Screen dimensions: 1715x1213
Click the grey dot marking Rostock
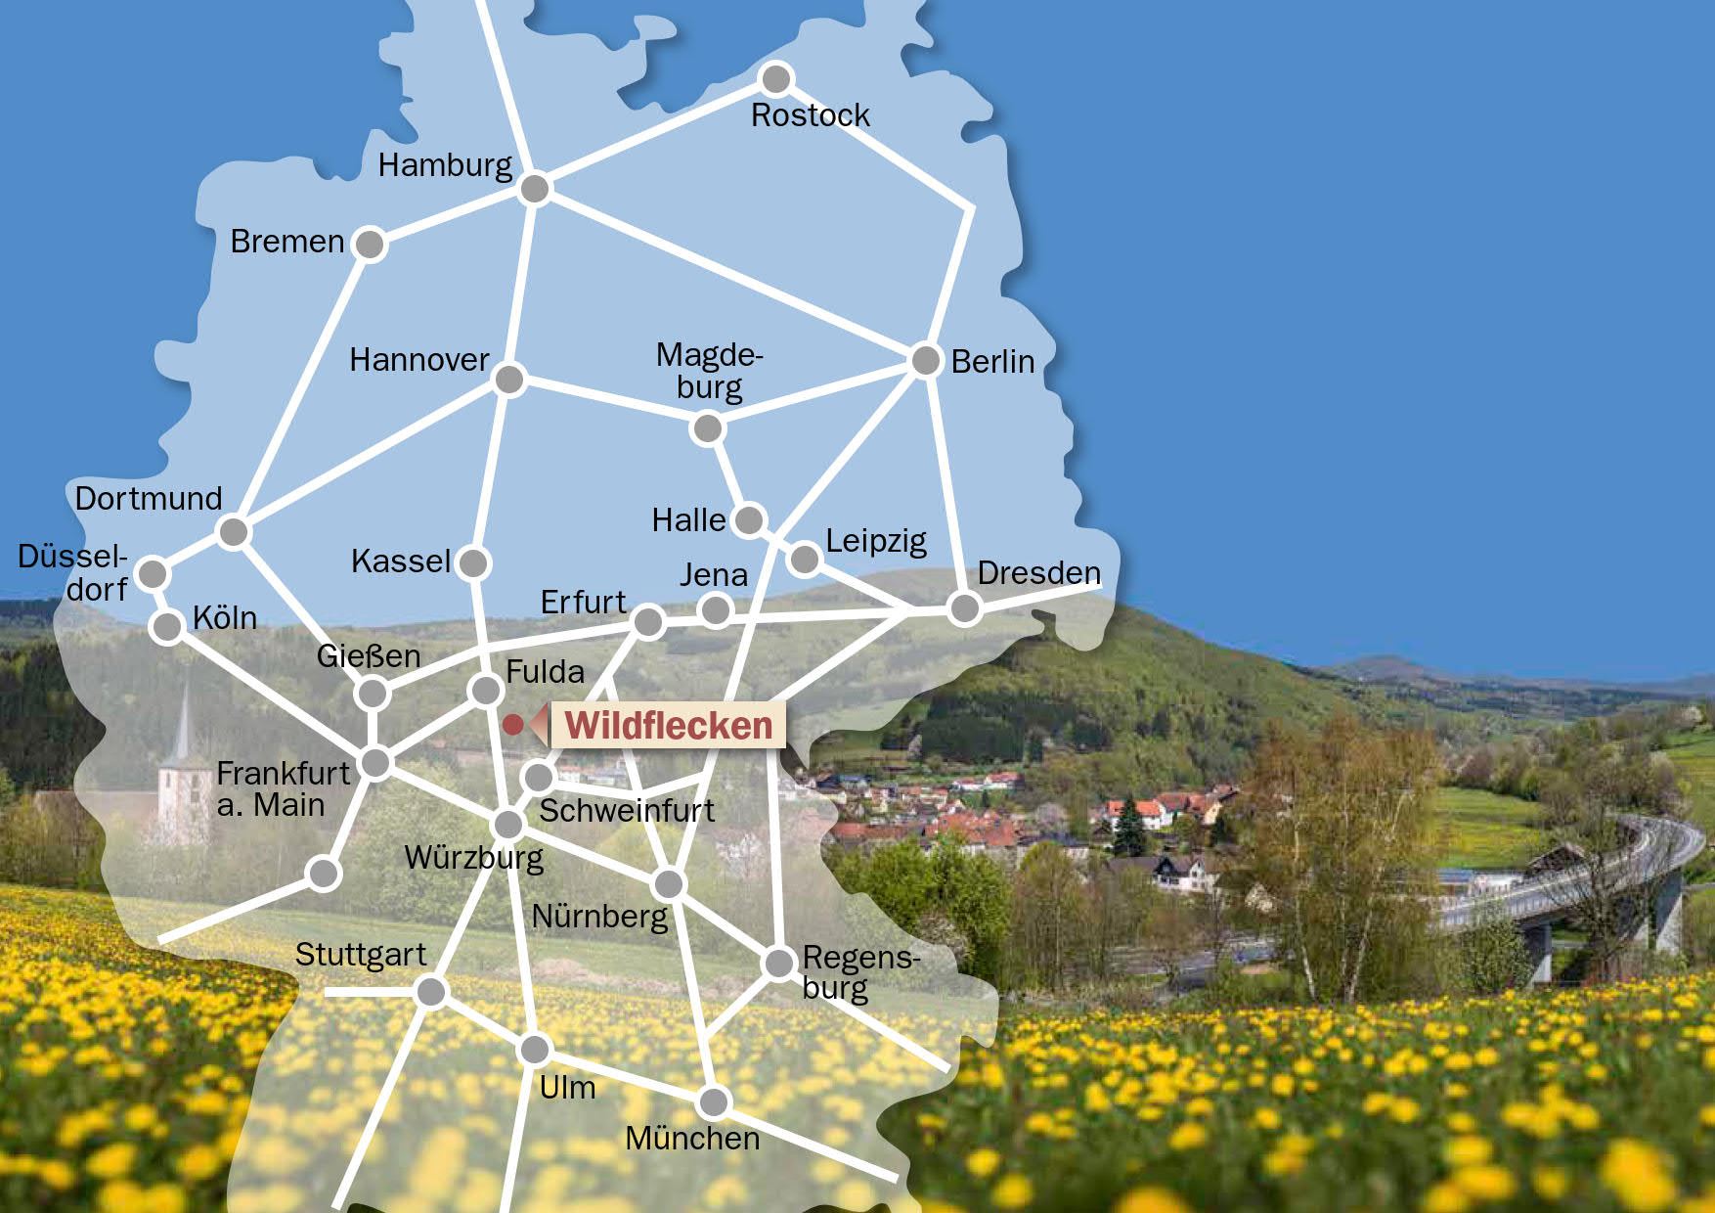coord(775,78)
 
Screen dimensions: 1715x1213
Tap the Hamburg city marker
coord(535,188)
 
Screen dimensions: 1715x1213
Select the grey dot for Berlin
coord(925,360)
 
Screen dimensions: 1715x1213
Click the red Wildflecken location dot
coord(512,725)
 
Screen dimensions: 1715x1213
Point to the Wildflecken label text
coord(669,726)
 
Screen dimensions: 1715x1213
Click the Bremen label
coord(287,242)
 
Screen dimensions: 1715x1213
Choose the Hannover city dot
coord(509,379)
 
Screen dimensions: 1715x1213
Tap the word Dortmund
coord(149,499)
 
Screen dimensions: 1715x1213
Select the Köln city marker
coord(168,626)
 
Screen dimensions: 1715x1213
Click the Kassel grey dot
coord(473,562)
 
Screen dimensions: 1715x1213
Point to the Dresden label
coord(1038,573)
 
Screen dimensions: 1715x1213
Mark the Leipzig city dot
coord(804,559)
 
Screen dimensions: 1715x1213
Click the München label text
coord(692,1139)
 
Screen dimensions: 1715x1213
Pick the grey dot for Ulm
coord(535,1050)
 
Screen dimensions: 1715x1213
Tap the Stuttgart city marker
coord(430,992)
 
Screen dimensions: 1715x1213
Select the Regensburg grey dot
coord(778,963)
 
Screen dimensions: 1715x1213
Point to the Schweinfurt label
coord(627,811)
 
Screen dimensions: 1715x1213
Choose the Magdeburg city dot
coord(707,428)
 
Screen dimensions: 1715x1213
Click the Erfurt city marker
coord(648,620)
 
